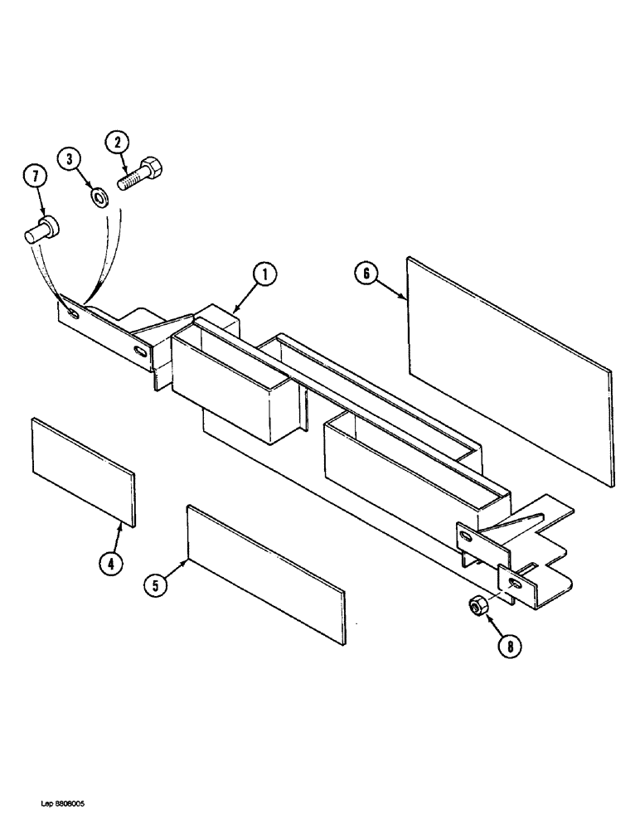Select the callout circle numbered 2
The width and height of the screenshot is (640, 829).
(118, 143)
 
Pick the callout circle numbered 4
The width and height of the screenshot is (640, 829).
(111, 563)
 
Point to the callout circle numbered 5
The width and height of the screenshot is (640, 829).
(156, 584)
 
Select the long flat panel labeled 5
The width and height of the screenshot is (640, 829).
(264, 572)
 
